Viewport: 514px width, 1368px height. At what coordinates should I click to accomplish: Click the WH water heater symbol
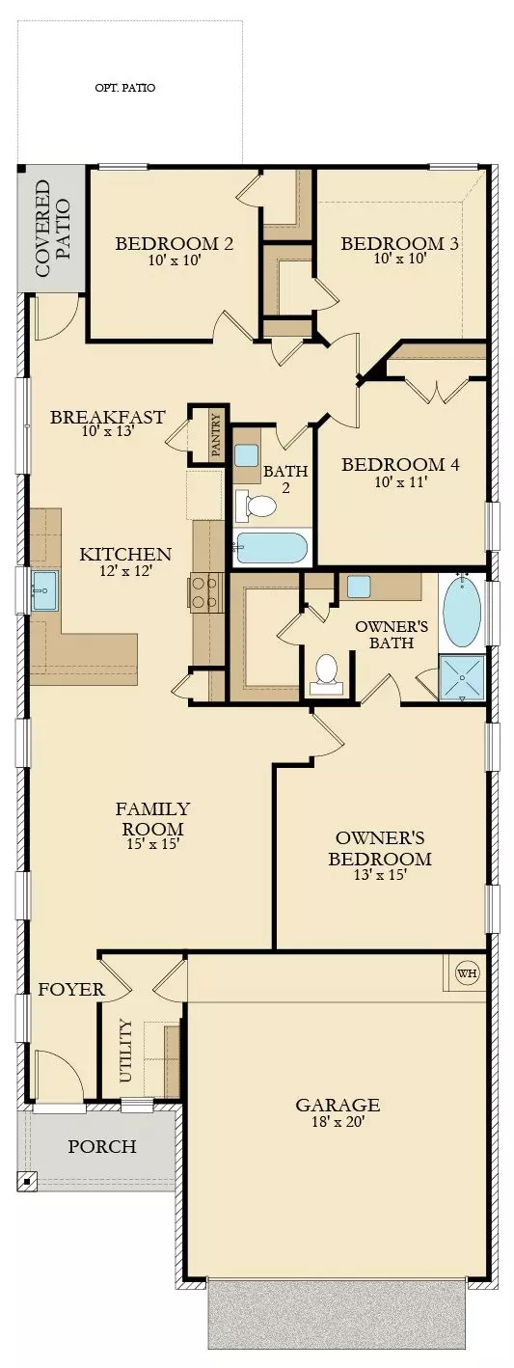coord(467,972)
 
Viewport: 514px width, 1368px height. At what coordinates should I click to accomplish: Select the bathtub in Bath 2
coord(271,549)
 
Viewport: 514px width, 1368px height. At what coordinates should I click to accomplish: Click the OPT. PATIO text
coord(125,88)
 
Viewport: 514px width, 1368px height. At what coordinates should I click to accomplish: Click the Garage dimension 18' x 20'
coord(338,1122)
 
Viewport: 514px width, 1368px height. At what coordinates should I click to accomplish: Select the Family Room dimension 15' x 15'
coord(152,844)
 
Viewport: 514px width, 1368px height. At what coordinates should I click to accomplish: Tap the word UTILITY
coord(124,1051)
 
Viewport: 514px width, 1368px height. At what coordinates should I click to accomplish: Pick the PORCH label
coord(101,1147)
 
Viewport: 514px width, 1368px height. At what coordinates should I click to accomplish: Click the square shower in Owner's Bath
coord(462,678)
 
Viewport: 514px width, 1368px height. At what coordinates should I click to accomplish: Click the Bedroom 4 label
coord(400,464)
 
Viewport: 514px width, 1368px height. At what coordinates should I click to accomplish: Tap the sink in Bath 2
coord(246,455)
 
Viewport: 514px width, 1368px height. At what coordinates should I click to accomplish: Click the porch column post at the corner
coord(26,1180)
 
